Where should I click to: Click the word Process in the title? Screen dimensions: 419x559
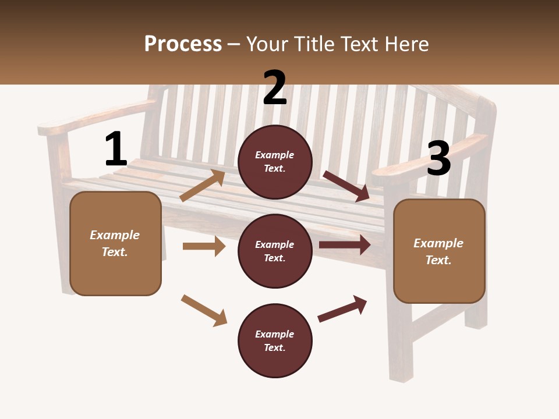[x=183, y=44]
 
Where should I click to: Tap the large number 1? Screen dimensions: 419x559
[x=115, y=150]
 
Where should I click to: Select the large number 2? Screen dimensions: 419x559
[x=275, y=88]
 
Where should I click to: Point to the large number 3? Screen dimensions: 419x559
[x=438, y=159]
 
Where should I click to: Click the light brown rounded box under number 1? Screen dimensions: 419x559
[x=115, y=243]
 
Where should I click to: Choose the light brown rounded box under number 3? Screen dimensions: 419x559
[x=439, y=251]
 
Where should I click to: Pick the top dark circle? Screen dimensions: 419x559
[x=275, y=162]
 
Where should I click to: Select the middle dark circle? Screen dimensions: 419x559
[x=275, y=251]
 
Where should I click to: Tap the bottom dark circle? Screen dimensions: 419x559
[x=275, y=341]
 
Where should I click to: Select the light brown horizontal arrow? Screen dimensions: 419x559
[x=204, y=246]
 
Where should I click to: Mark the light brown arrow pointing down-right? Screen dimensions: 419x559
[x=204, y=310]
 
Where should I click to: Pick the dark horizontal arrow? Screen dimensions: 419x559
[x=345, y=245]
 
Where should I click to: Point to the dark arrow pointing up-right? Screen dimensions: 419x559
[x=342, y=308]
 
